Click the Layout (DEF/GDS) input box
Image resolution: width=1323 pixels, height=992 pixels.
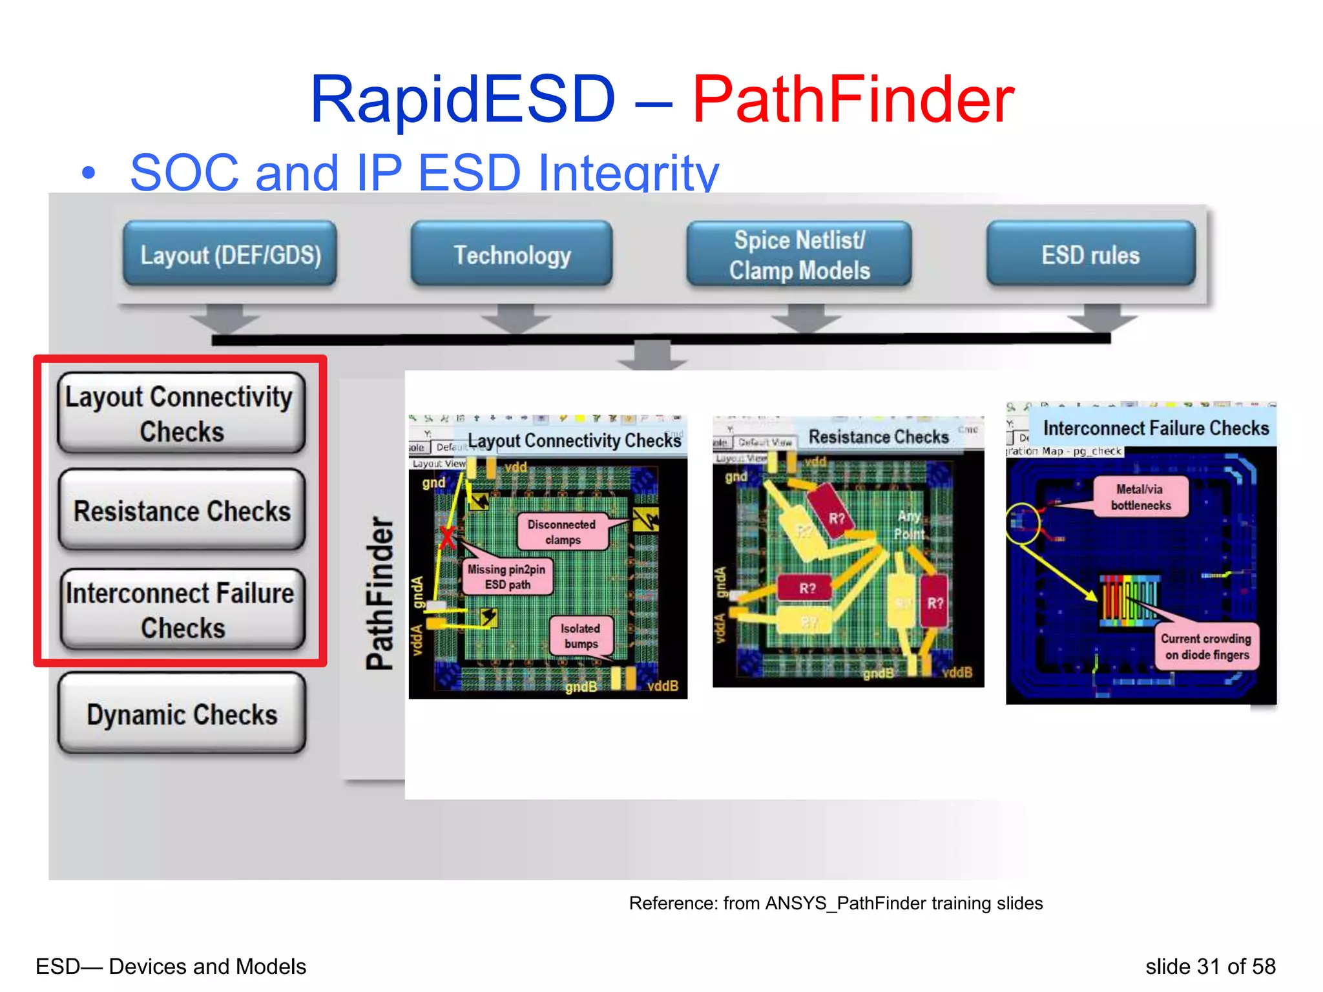(x=230, y=254)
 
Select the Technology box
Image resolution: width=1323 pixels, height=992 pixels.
(x=512, y=254)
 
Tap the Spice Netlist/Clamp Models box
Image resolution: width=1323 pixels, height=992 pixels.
(x=799, y=254)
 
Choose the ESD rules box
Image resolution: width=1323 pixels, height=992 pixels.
(x=1090, y=254)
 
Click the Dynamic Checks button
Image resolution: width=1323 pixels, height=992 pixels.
(x=182, y=714)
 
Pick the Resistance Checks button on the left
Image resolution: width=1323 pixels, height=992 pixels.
(x=182, y=510)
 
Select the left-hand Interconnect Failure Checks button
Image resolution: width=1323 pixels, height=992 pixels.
(x=182, y=610)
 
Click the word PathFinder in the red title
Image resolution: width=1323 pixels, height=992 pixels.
(x=853, y=100)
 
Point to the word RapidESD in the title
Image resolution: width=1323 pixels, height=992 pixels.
(x=463, y=100)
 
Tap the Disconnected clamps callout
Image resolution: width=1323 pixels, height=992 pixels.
(x=562, y=532)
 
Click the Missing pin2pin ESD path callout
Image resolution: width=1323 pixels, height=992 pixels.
(x=507, y=577)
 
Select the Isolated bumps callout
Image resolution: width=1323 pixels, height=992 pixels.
(x=580, y=635)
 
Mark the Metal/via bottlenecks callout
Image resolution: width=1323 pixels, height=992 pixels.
(x=1140, y=497)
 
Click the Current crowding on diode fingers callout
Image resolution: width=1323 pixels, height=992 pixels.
(x=1205, y=646)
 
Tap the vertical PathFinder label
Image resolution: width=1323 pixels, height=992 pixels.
(x=380, y=593)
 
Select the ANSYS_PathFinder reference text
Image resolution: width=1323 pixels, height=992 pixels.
(x=836, y=903)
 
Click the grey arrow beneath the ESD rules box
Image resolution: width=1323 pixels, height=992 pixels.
(x=1102, y=316)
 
